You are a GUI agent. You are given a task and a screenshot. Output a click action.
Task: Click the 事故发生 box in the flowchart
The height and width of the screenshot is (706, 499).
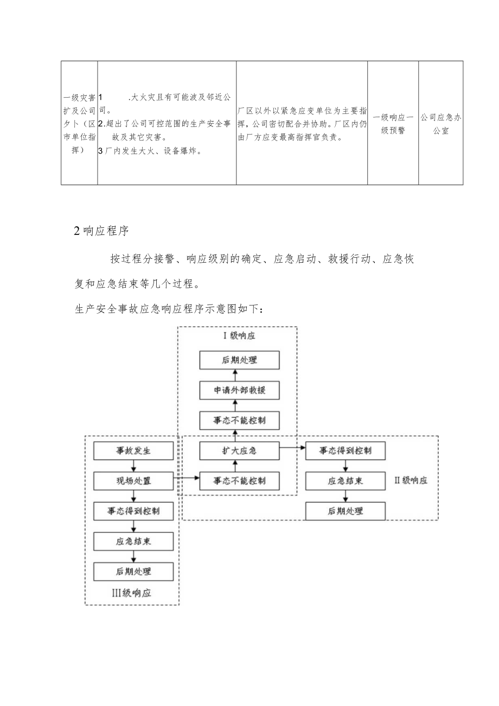(133, 451)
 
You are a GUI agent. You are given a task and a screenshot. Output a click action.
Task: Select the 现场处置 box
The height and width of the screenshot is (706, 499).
(133, 480)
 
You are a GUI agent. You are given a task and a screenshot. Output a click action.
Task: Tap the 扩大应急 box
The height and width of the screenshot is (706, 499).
(239, 450)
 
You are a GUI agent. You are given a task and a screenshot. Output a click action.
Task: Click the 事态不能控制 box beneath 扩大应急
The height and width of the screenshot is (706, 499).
(239, 480)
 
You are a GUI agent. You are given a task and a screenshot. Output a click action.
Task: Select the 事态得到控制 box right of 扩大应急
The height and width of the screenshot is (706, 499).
(346, 450)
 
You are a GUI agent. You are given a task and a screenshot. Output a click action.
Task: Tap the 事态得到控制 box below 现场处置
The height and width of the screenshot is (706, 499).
(133, 511)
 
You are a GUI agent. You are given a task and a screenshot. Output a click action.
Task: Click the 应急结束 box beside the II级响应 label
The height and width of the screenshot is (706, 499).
(346, 480)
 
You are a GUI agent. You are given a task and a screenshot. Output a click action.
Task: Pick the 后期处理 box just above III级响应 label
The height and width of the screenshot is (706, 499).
(133, 571)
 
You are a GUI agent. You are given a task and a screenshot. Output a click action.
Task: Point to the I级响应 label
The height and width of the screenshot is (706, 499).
(239, 335)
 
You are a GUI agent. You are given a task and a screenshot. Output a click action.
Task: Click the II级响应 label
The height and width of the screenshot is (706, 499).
(411, 480)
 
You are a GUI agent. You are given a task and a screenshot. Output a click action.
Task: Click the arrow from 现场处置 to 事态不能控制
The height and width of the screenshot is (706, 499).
(186, 478)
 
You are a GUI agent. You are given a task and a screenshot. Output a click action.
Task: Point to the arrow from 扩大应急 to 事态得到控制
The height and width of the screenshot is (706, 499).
(292, 448)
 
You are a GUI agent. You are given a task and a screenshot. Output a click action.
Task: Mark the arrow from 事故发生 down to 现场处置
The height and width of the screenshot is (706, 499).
(133, 466)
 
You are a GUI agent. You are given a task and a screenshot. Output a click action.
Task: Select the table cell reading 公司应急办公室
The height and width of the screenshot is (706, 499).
(440, 123)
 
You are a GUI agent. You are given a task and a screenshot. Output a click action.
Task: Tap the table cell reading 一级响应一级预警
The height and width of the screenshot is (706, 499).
(393, 123)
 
